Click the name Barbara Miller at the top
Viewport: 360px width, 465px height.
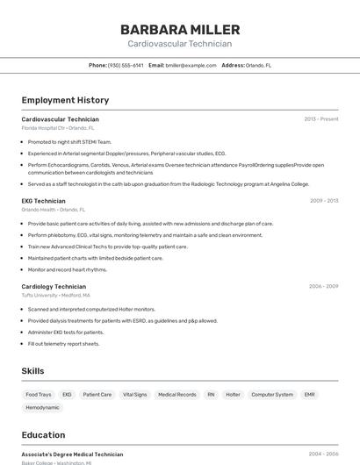click(180, 30)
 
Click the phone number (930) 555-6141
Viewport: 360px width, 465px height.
click(126, 65)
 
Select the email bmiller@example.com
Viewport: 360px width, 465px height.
click(191, 65)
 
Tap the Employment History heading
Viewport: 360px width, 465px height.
click(65, 100)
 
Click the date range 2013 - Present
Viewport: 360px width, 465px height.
click(320, 119)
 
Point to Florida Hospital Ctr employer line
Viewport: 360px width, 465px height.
click(56, 128)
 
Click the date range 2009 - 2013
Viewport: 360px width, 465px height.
click(324, 201)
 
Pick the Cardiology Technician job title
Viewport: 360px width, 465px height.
click(54, 286)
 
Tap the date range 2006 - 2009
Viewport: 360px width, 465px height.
click(324, 286)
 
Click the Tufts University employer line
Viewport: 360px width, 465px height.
click(56, 295)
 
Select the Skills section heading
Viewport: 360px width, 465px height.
click(33, 371)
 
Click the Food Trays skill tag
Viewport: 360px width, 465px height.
click(39, 395)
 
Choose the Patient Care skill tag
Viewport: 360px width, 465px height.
click(97, 395)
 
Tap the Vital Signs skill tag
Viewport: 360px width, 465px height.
click(134, 395)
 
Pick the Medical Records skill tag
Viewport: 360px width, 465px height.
click(177, 395)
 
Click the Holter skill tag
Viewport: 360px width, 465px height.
click(233, 395)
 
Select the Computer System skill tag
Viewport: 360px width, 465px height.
click(272, 395)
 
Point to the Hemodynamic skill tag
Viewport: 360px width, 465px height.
click(42, 408)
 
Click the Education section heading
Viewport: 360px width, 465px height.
click(43, 434)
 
